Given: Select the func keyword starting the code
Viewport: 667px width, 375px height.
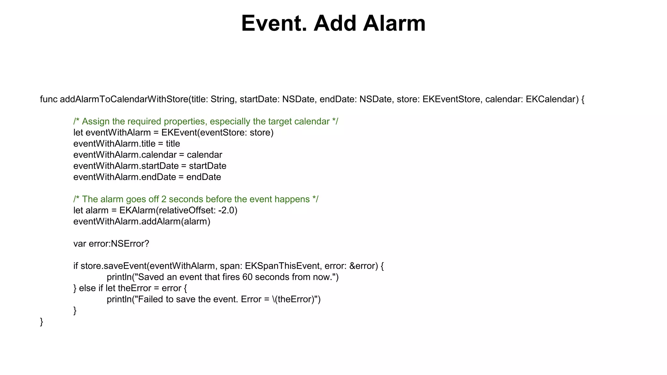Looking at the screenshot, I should tap(49, 99).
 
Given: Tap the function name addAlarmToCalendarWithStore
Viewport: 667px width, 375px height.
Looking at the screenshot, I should tap(124, 99).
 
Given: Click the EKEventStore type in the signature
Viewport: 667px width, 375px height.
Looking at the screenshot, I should tap(451, 99).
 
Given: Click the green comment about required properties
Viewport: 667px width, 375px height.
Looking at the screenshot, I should tap(206, 121).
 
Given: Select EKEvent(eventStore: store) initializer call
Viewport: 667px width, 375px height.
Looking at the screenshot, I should tap(217, 133).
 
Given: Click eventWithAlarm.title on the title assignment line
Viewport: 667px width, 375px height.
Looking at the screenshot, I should tap(114, 144).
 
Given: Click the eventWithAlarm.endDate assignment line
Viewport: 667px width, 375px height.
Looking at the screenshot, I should tap(147, 177).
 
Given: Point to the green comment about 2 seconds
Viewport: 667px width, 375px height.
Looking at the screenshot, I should tap(196, 199).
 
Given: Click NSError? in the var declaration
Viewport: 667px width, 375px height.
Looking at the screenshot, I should tap(130, 244).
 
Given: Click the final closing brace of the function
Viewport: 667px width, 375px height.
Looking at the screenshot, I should tap(41, 322).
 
